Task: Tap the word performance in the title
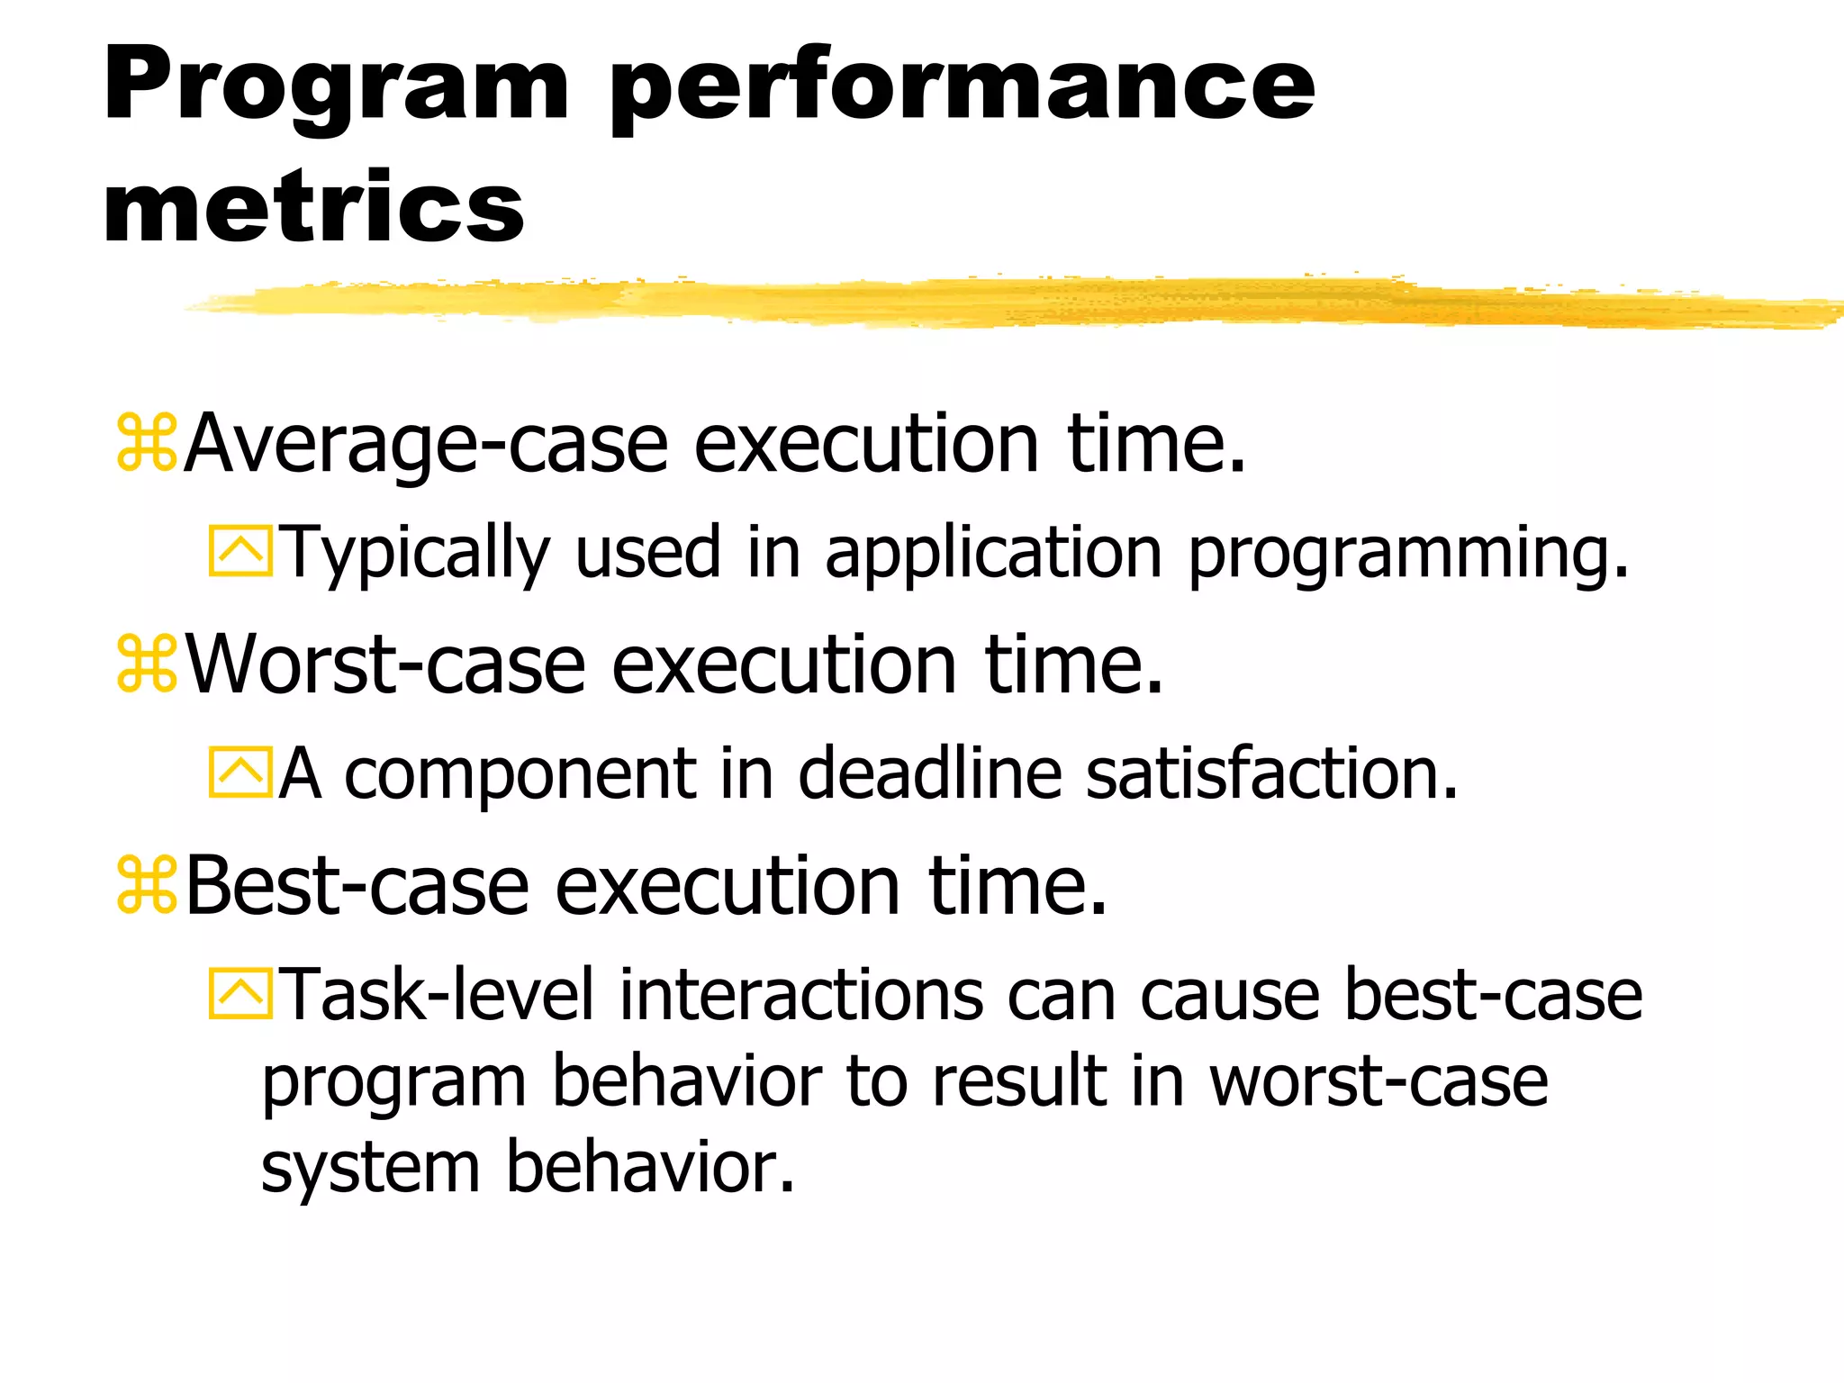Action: click(963, 87)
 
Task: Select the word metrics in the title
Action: click(313, 209)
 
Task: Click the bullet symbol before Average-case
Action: click(147, 442)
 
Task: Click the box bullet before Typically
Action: click(240, 551)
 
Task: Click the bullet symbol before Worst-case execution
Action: click(147, 664)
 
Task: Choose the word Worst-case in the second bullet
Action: click(385, 665)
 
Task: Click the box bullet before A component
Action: click(240, 773)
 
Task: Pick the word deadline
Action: click(929, 773)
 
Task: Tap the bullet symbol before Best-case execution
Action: click(147, 886)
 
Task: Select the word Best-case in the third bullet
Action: click(357, 887)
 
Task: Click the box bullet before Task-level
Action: click(240, 994)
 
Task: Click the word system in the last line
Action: click(370, 1169)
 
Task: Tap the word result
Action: click(1018, 1081)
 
